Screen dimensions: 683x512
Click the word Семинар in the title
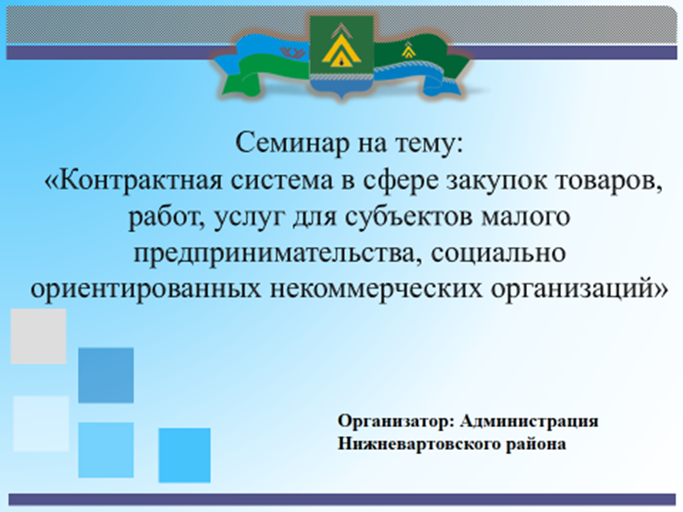[292, 143]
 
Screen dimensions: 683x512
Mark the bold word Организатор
[396, 421]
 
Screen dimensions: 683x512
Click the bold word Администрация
[529, 421]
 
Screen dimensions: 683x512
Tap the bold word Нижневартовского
[419, 444]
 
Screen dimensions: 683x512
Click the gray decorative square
[38, 336]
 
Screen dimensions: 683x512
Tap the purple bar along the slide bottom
[342, 500]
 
